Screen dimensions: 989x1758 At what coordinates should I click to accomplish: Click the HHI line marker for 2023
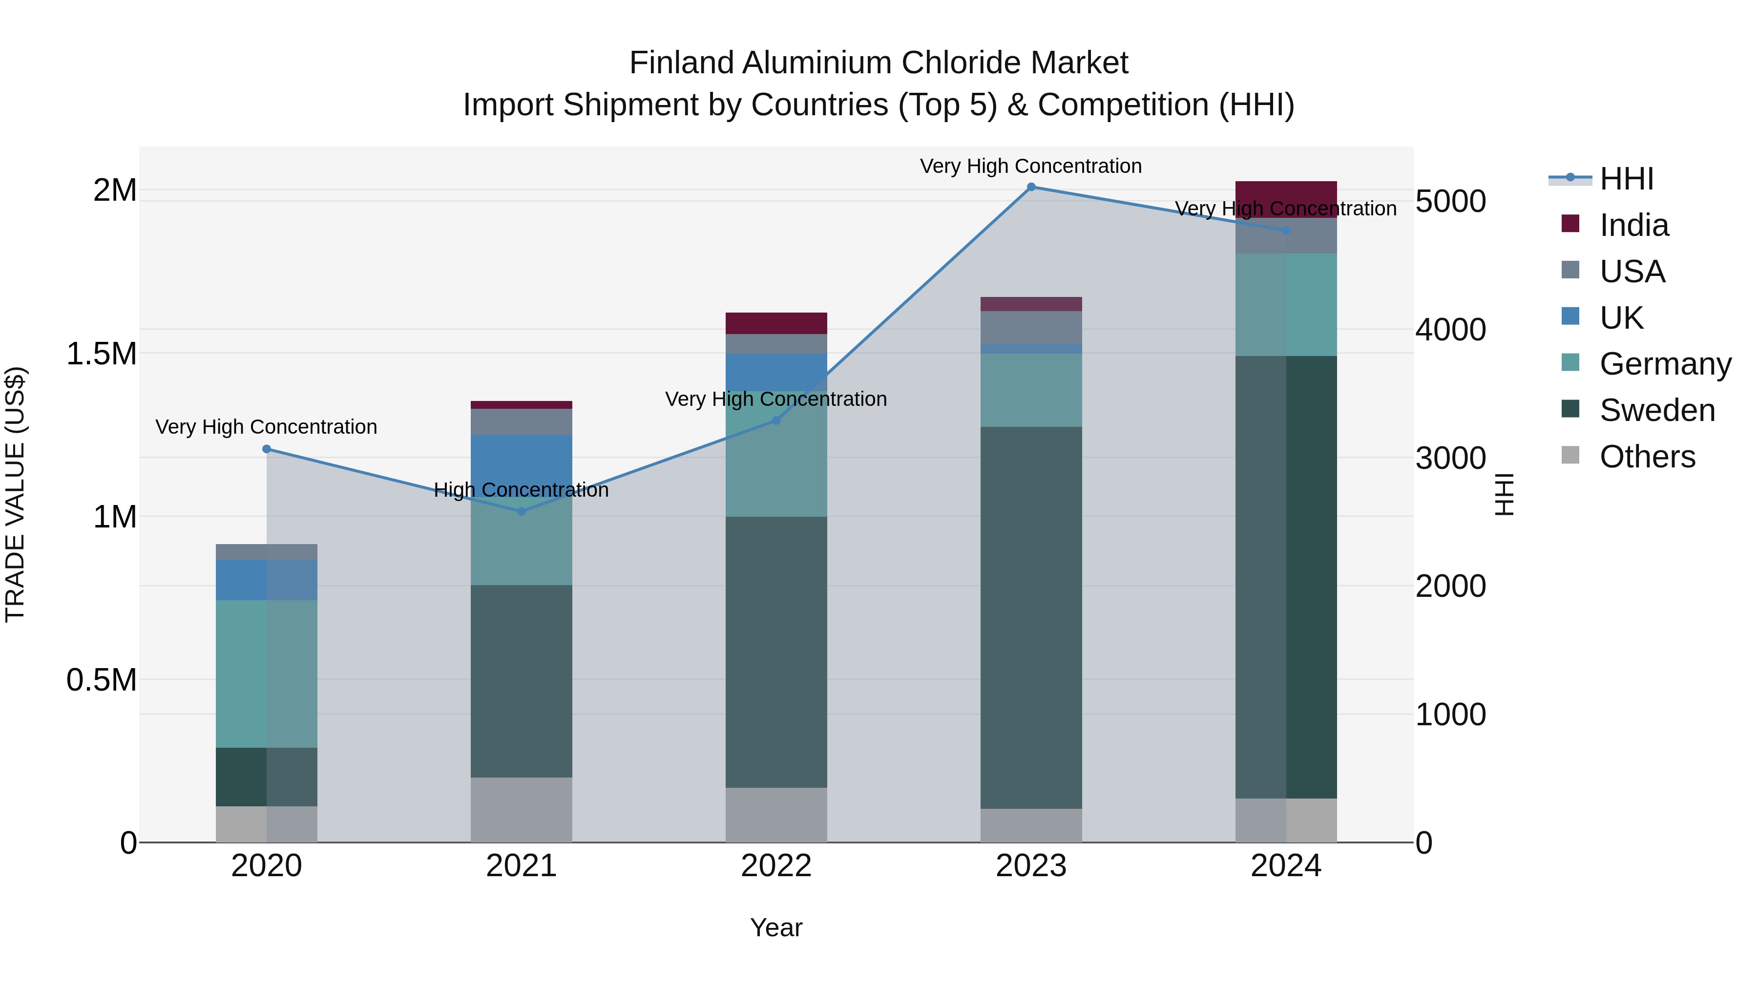pos(1031,187)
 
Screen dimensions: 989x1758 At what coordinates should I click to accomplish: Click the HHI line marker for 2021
pos(522,511)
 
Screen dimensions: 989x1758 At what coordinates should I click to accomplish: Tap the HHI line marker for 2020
pos(266,449)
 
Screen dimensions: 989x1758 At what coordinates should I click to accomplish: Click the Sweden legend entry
pos(1656,410)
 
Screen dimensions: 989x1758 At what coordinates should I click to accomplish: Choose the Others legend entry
pos(1647,457)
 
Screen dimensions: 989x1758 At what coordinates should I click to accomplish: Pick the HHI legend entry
pos(1626,179)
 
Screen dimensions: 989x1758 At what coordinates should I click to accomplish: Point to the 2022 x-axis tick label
pos(776,866)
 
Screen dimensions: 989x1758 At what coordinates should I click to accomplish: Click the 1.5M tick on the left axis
pos(101,354)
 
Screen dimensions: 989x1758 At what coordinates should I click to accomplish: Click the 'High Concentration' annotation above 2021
pos(522,489)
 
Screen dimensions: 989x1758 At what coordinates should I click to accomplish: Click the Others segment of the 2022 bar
pos(776,815)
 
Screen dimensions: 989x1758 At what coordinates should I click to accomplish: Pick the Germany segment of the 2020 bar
pos(266,673)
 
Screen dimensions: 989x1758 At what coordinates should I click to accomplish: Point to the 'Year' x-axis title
pos(776,927)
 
